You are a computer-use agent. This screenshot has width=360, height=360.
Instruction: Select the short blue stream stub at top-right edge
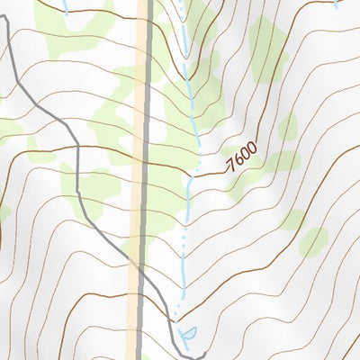[336, 4]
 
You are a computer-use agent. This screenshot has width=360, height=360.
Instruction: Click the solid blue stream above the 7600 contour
[191, 99]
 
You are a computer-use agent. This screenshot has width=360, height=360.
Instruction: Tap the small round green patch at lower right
[313, 241]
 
